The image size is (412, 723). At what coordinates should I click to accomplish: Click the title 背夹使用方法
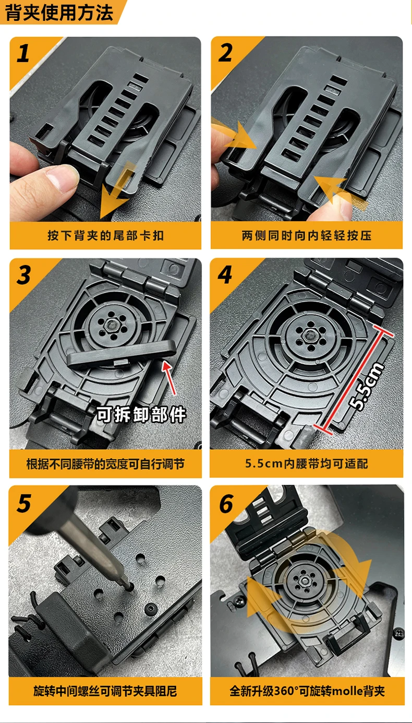59,13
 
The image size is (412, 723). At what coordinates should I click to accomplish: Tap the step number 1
23,54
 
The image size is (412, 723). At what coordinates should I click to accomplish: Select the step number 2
225,53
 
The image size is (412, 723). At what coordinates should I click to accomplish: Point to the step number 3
24,275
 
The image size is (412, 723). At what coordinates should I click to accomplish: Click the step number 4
225,275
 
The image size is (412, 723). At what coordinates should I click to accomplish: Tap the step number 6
226,503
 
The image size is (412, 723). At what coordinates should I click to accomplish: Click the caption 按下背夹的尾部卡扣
105,236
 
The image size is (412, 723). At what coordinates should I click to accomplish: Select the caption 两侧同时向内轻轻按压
307,236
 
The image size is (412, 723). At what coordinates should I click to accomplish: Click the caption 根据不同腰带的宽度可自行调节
105,464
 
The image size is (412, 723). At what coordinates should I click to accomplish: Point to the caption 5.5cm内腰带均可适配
307,464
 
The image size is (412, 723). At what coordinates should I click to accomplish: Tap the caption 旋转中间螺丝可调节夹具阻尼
105,691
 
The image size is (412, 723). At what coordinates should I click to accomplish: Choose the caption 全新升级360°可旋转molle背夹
307,691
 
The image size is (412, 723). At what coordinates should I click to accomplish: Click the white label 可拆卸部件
141,414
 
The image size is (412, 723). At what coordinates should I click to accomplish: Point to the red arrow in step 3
169,378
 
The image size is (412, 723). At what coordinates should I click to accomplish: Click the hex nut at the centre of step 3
113,324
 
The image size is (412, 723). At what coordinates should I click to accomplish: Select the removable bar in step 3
122,354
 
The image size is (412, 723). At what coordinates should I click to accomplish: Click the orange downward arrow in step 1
117,190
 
